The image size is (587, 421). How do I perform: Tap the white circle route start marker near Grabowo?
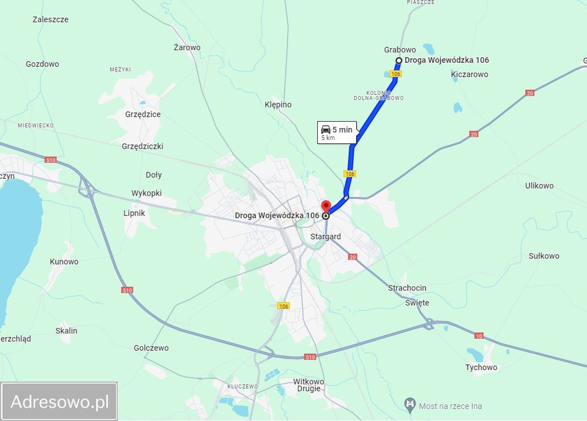pos(399,61)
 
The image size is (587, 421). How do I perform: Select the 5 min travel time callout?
pos(337,133)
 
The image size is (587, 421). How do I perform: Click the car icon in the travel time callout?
pos(326,130)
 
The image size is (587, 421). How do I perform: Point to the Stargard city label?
pos(325,236)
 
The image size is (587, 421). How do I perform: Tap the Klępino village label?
pos(278,105)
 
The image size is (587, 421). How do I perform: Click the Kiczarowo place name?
pos(469,74)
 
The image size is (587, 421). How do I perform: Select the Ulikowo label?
pos(540,186)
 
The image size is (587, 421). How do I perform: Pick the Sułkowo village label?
pos(544,256)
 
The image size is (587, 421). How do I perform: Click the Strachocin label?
pos(407,288)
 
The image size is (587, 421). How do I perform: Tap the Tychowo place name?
pos(481,367)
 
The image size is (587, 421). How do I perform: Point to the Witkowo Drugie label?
pos(309,386)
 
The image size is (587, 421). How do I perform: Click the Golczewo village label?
pos(151,348)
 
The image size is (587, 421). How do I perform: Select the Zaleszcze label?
pos(50,19)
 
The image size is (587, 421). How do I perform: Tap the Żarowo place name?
pos(187,47)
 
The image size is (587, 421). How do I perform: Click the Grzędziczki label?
pos(142,146)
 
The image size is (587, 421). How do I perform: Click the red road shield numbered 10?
pos(479,335)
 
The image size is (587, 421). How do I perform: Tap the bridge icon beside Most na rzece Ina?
pos(409,406)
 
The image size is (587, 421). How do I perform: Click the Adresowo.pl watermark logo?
pos(59,402)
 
